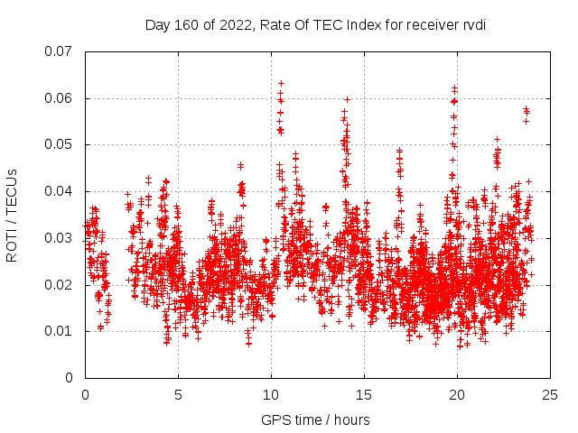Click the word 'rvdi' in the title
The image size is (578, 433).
click(473, 24)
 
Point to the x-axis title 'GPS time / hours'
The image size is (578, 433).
click(315, 419)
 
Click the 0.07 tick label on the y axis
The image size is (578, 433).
click(61, 51)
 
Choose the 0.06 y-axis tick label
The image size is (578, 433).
click(61, 98)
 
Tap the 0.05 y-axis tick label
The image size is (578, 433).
click(61, 144)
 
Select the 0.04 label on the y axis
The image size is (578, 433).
click(61, 191)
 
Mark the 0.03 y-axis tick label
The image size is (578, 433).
click(61, 238)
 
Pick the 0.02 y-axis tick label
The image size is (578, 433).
click(61, 285)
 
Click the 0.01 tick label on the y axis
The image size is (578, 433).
click(61, 331)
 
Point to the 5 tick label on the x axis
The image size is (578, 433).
click(179, 395)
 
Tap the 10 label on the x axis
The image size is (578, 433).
click(272, 395)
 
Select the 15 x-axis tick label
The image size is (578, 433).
click(365, 395)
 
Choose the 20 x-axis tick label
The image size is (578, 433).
click(458, 395)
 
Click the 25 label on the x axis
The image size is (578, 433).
click(551, 395)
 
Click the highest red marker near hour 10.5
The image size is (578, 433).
click(281, 83)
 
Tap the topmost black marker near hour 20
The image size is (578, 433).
click(454, 88)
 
